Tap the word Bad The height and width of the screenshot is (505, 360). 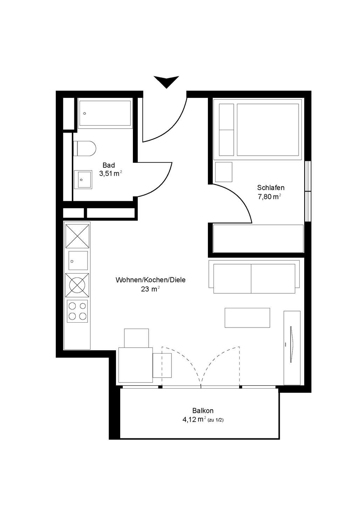pos(109,165)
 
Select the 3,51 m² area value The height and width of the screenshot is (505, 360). pos(110,173)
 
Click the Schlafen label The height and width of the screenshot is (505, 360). pos(271,188)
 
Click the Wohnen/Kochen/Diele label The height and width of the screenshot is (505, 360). pos(150,280)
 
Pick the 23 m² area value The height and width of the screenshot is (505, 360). pos(150,289)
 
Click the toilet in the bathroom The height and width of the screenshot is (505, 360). pos(85,149)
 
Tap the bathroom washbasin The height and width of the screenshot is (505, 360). pos(83,180)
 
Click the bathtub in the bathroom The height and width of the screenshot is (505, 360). pos(104,113)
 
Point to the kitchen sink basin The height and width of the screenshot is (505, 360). pos(78,260)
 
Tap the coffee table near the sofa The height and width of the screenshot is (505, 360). pos(247,318)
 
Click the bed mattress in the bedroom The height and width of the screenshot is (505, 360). pos(268,130)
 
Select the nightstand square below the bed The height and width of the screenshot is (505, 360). pos(224,172)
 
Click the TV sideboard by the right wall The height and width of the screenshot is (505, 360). pos(292,348)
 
